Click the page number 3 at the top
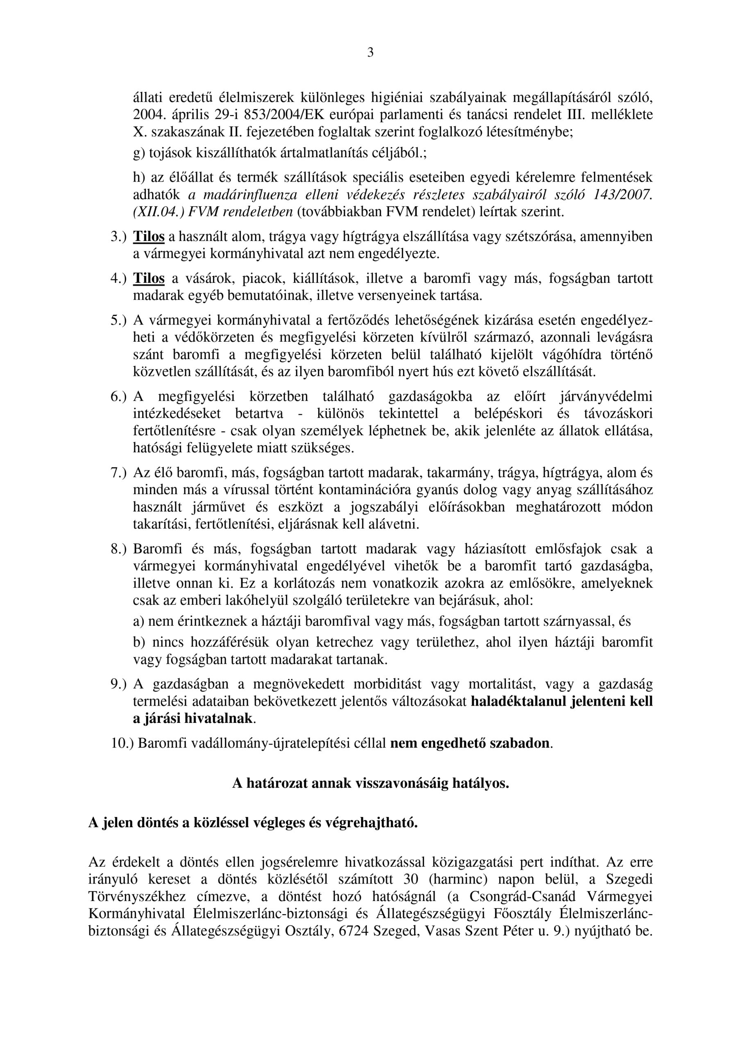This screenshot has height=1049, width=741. (370, 53)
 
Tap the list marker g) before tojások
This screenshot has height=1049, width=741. (139, 154)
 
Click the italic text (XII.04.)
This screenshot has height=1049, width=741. (153, 212)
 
